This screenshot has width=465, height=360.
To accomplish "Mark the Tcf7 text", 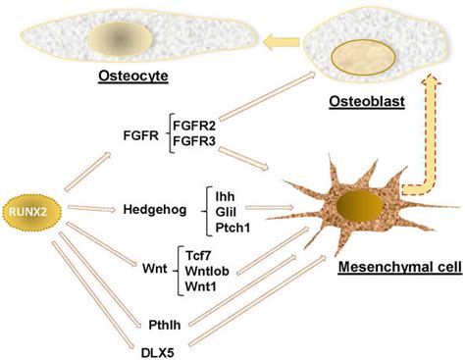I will click(x=200, y=252).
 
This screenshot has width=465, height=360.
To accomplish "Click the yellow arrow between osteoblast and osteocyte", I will click(x=279, y=41).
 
